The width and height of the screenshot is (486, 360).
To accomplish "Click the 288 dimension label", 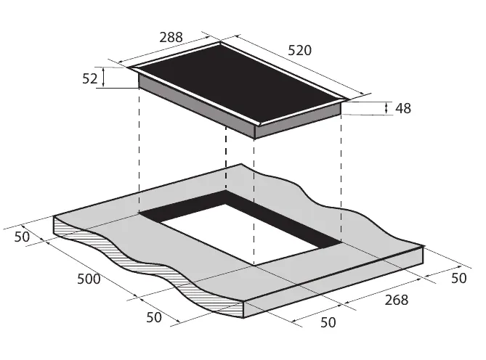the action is [171, 37].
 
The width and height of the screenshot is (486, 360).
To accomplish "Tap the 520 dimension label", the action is [300, 50].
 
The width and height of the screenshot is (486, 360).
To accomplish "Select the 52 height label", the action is [90, 78].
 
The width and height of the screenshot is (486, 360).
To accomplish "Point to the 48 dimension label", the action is [403, 108].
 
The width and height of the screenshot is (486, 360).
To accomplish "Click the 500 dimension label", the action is [89, 279].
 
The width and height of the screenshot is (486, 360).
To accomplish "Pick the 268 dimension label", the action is [397, 300].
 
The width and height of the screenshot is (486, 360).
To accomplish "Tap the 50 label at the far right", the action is [458, 278].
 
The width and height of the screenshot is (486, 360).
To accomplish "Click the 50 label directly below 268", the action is [328, 322].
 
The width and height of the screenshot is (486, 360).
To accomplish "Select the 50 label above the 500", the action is [22, 237].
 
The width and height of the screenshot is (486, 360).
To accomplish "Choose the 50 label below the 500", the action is [154, 317].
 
